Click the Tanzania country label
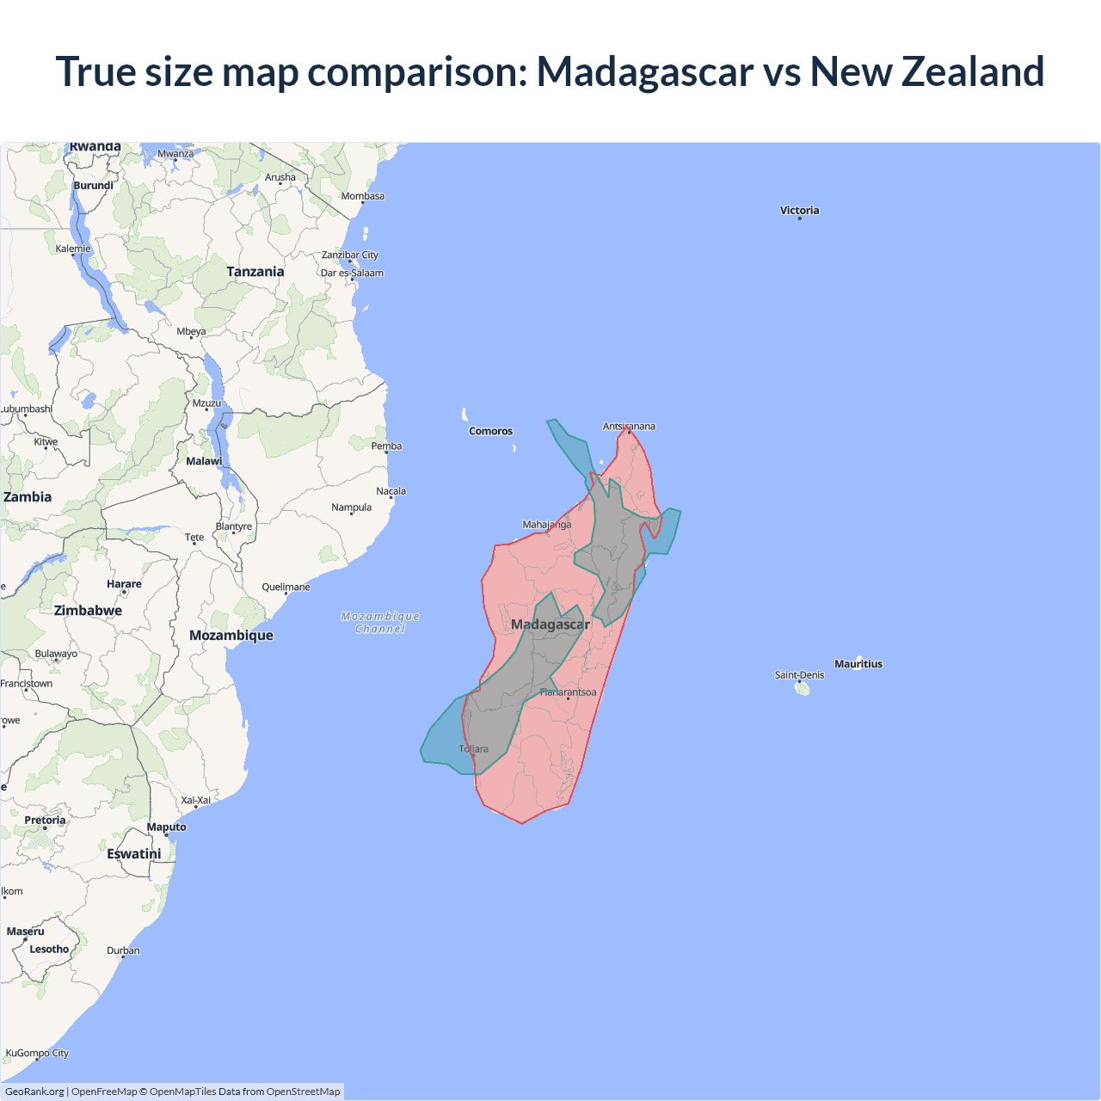pyautogui.click(x=255, y=272)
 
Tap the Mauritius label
pyautogui.click(x=858, y=664)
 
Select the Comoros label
pyautogui.click(x=490, y=431)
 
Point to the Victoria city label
pyautogui.click(x=799, y=211)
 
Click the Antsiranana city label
pyautogui.click(x=629, y=427)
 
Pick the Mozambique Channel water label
pyautogui.click(x=380, y=623)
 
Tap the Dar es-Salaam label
pyautogui.click(x=352, y=274)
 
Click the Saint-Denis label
pyautogui.click(x=799, y=675)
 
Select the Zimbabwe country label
pyautogui.click(x=88, y=611)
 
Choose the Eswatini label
pyautogui.click(x=134, y=854)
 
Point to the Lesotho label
pyautogui.click(x=49, y=950)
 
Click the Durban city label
pyautogui.click(x=123, y=950)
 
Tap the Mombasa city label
pyautogui.click(x=363, y=196)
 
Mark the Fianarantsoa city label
pyautogui.click(x=568, y=692)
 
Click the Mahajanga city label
pyautogui.click(x=547, y=525)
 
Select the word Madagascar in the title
pyautogui.click(x=645, y=71)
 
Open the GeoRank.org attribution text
pyautogui.click(x=34, y=1092)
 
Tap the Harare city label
pyautogui.click(x=124, y=584)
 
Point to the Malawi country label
pyautogui.click(x=204, y=461)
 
